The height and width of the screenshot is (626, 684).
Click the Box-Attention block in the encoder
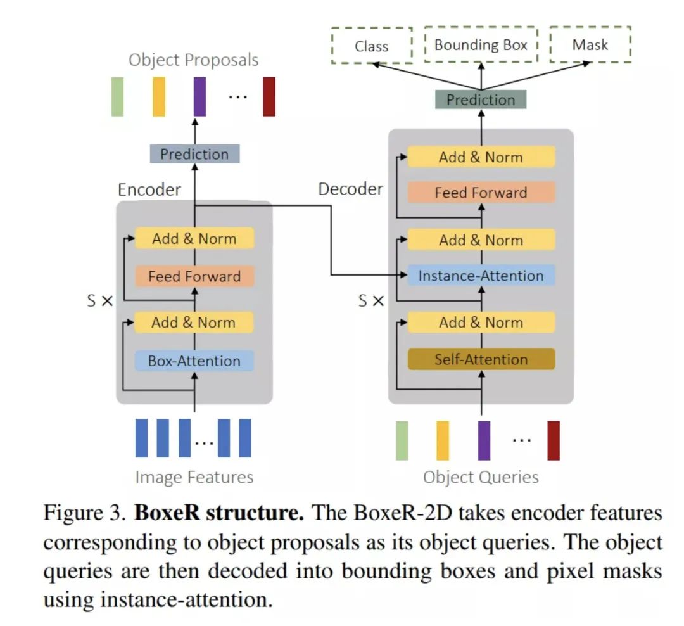[x=194, y=361]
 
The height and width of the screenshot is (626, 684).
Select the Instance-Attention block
[x=481, y=276]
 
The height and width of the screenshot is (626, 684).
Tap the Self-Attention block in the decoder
[x=481, y=359]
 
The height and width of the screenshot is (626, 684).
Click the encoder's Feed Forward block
[x=194, y=276]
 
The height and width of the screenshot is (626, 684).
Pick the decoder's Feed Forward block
[x=481, y=193]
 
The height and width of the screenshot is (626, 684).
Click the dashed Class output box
[x=371, y=46]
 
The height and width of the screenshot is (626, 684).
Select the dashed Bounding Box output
[x=481, y=44]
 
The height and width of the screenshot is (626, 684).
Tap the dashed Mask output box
[x=590, y=44]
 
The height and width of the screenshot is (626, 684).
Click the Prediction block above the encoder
[x=194, y=154]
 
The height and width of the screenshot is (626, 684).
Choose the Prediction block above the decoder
[x=481, y=99]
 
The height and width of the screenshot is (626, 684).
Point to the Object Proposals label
[x=194, y=60]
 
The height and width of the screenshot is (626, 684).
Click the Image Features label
[x=194, y=477]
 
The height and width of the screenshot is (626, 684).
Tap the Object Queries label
[x=481, y=477]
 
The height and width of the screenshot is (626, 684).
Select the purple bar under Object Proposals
[x=199, y=96]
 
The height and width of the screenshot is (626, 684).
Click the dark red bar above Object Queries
[x=554, y=440]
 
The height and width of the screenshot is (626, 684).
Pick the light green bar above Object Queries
[x=402, y=440]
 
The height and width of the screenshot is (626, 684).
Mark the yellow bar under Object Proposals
[x=159, y=96]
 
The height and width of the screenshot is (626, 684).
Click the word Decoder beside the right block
[x=350, y=189]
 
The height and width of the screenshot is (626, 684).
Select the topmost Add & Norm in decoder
[x=481, y=157]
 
